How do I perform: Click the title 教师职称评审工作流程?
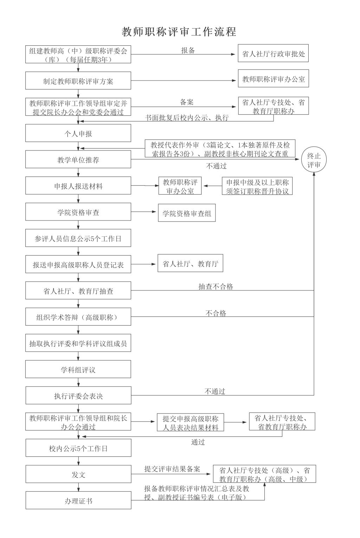coord(179,32)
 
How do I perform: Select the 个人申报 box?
coord(78,133)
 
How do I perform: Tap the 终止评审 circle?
coord(314,160)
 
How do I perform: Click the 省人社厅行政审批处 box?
coord(273,53)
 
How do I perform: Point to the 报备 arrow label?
coord(188,50)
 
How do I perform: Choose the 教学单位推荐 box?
coord(78,159)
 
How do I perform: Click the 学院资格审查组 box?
coord(187,213)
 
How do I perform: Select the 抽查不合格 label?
coord(216,286)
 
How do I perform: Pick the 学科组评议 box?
coord(78,369)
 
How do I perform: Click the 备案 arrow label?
coord(187,102)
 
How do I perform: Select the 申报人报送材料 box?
coord(78,185)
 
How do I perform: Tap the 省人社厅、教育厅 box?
coord(190,263)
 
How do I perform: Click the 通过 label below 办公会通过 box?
coord(198,442)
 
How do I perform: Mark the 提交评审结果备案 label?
coord(172,469)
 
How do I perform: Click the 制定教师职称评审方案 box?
coord(78,81)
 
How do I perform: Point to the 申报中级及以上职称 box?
coord(257,186)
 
